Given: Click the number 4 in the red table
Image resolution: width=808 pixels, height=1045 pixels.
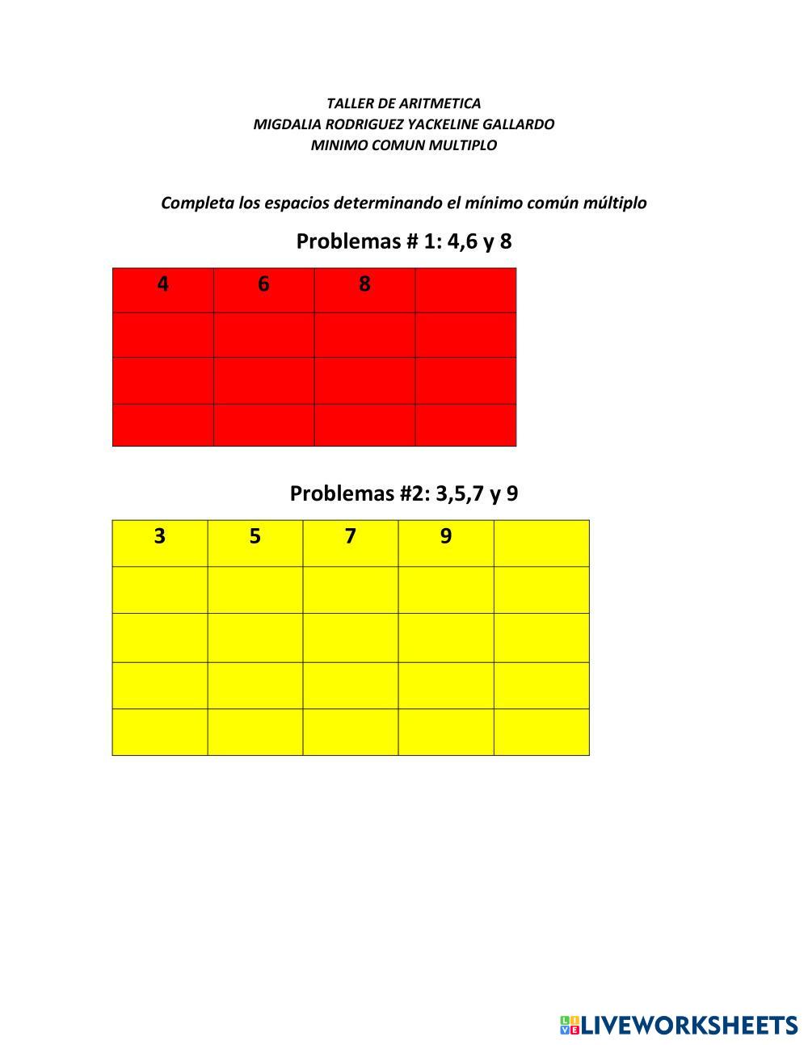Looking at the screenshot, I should coord(163,284).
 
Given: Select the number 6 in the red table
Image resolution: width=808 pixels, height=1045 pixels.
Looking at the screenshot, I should coord(263,284).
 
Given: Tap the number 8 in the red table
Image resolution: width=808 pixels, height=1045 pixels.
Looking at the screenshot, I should coord(364,284).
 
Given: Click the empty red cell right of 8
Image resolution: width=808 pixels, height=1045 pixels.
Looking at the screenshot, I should coord(465,290).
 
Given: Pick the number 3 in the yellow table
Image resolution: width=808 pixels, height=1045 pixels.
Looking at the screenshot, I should coord(160,536).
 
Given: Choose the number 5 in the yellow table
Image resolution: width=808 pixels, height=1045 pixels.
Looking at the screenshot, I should coord(255,536).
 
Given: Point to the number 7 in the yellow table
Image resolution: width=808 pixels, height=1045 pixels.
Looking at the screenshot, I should coord(350,536).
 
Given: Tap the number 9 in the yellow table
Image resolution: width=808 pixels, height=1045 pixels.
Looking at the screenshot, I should coord(446,536).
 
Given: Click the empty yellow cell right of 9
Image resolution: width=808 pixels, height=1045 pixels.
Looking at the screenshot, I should coord(541,543).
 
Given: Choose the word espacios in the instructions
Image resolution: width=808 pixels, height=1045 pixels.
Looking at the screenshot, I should coord(297,203).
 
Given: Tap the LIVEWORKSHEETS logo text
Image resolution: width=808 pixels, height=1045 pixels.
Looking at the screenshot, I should coord(688,1026).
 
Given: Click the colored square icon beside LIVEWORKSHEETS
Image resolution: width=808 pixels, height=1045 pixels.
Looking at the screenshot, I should coord(570,1026).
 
